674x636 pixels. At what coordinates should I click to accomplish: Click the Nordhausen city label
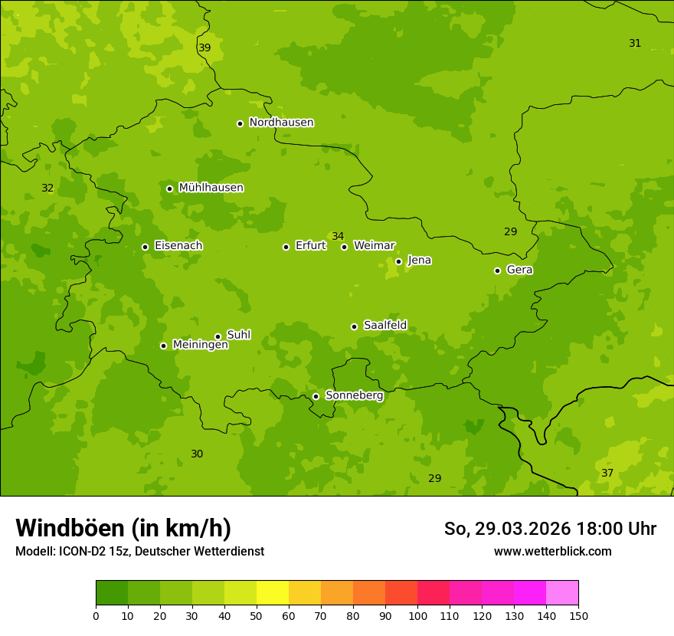[x=281, y=123]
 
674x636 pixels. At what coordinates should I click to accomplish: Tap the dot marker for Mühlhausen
[x=169, y=189]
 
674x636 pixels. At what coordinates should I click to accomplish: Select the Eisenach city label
[x=178, y=246]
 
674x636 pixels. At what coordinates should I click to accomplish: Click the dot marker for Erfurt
[x=286, y=247]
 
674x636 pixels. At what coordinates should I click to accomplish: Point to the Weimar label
[x=374, y=246]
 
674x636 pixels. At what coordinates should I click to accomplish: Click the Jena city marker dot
[x=398, y=261]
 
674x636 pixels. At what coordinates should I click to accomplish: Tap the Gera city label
[x=519, y=270]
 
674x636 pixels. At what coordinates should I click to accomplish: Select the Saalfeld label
[x=384, y=326]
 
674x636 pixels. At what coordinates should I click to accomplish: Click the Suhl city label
[x=238, y=335]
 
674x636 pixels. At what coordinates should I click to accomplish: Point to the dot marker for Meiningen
[x=163, y=346]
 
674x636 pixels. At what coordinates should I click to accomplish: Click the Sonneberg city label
[x=354, y=395]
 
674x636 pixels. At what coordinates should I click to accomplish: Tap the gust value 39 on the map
[x=204, y=48]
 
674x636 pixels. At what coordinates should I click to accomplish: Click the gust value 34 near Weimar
[x=338, y=236]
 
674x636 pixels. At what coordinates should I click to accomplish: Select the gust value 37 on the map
[x=607, y=473]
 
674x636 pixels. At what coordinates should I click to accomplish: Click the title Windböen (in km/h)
[x=123, y=528]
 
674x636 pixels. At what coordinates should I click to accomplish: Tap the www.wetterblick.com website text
[x=552, y=551]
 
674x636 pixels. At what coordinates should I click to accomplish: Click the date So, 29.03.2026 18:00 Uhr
[x=550, y=529]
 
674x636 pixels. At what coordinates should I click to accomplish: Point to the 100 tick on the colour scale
[x=417, y=615]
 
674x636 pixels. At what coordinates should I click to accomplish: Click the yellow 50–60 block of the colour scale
[x=273, y=593]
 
